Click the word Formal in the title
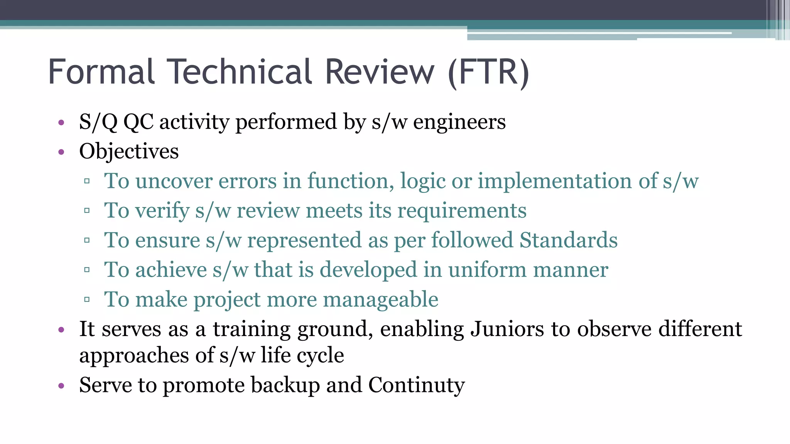101,72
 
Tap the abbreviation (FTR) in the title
489,72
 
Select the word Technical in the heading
241,72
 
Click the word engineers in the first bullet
459,122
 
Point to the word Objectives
129,151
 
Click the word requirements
462,211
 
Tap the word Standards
568,240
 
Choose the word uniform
487,270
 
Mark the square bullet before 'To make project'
87,299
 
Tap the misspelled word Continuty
417,385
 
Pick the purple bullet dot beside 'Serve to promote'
61,386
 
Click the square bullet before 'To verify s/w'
87,211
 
